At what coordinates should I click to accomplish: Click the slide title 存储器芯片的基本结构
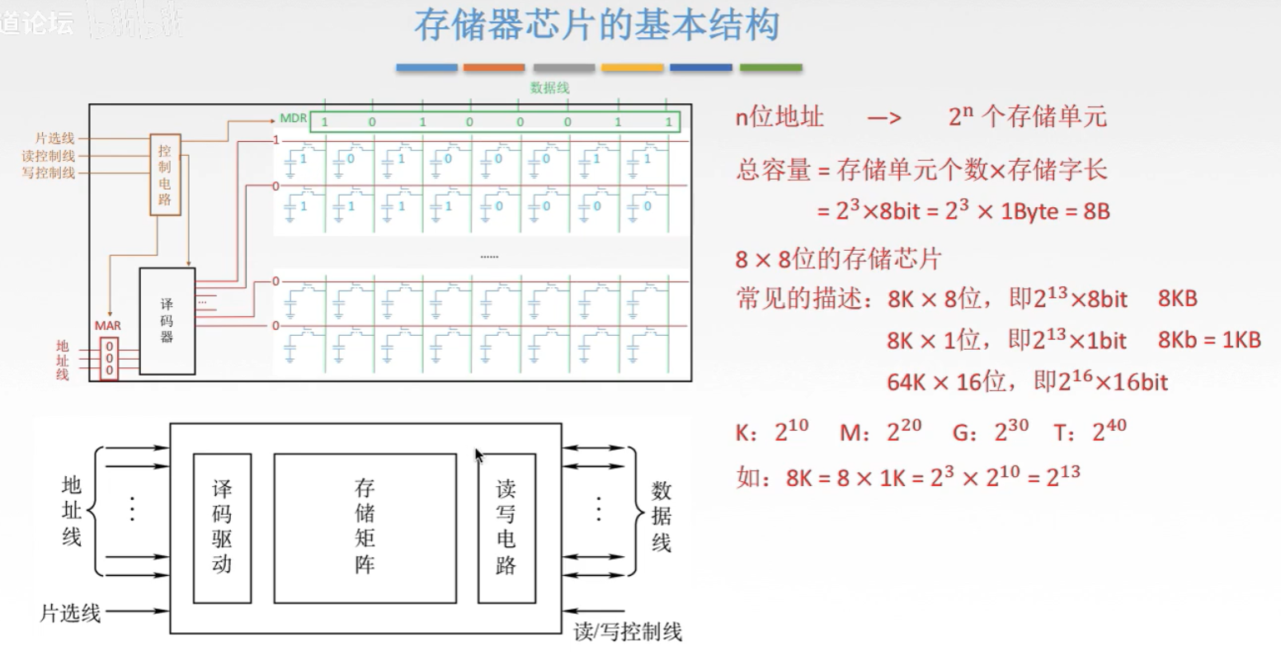tap(596, 26)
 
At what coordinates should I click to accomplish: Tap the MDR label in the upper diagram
tap(293, 119)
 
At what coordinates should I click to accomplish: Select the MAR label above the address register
tap(107, 326)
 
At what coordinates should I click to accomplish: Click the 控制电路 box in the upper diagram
tap(164, 174)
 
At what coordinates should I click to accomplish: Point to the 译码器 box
tap(167, 320)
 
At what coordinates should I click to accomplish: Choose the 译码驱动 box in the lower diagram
tap(222, 527)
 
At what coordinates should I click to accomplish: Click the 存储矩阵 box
tap(365, 527)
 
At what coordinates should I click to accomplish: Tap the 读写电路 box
tap(506, 527)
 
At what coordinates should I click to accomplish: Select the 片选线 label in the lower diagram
tap(70, 613)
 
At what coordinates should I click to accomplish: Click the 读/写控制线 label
tap(628, 633)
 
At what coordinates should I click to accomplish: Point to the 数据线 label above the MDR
tap(549, 88)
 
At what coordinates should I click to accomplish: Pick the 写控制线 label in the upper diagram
tap(49, 172)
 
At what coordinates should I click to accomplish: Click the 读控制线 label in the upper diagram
tap(49, 156)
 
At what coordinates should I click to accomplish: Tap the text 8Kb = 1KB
tap(1209, 340)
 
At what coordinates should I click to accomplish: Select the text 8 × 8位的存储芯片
tap(837, 260)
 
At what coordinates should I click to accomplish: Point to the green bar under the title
tap(770, 68)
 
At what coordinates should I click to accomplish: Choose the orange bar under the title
tap(494, 68)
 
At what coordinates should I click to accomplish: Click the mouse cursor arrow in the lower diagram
tap(479, 456)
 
